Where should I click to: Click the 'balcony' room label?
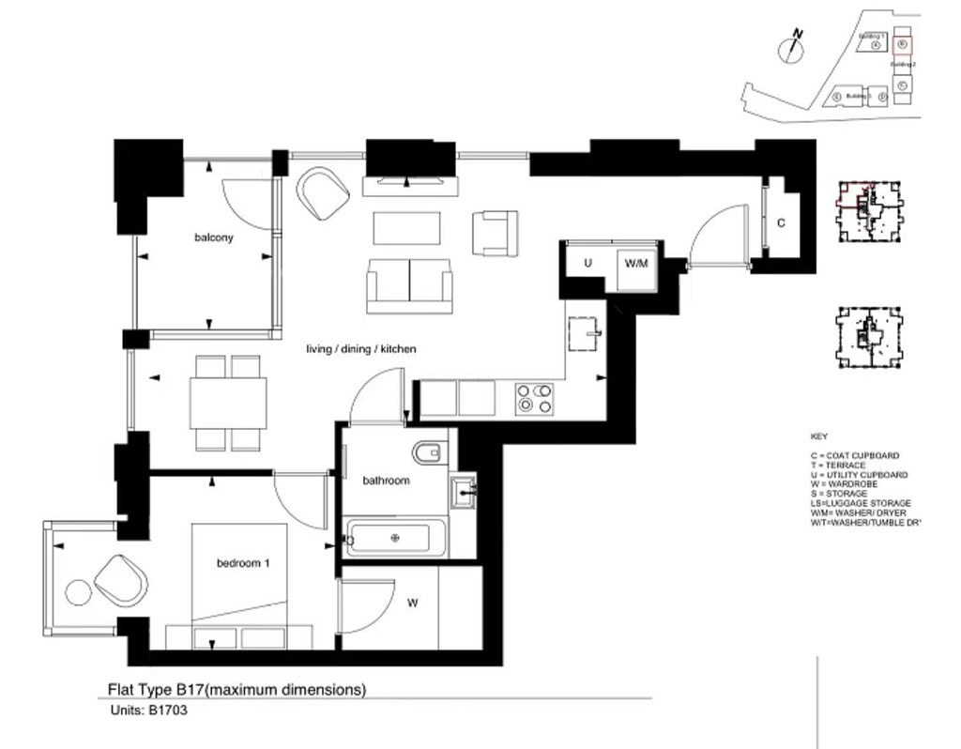(x=213, y=237)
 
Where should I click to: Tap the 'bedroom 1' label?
(x=243, y=563)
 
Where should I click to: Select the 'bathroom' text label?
(x=386, y=481)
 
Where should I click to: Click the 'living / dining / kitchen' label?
(x=361, y=349)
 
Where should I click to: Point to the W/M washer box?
(x=636, y=264)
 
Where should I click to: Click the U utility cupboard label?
(x=587, y=264)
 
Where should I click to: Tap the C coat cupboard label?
(x=781, y=223)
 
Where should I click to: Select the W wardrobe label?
(x=412, y=604)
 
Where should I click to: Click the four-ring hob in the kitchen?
(x=534, y=398)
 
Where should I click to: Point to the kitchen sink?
(x=585, y=333)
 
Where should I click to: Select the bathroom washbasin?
(x=464, y=491)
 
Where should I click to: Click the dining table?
(x=228, y=402)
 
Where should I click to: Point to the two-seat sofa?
(x=409, y=284)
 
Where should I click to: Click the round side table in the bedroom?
(x=77, y=591)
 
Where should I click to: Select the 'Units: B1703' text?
(x=149, y=711)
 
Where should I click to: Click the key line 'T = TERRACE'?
(x=838, y=466)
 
